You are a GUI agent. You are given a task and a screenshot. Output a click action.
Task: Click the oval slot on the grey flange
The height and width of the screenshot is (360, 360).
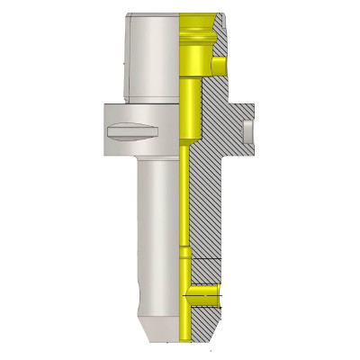point(132,131)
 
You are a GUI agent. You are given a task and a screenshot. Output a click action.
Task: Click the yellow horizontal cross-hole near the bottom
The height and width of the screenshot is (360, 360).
point(203,292)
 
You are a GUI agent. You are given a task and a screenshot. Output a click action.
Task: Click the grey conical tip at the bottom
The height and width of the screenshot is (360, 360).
point(157,328)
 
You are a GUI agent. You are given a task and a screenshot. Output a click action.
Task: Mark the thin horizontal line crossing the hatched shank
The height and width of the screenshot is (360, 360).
point(203,259)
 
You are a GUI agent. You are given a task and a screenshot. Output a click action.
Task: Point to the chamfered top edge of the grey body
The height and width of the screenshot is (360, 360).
point(153,16)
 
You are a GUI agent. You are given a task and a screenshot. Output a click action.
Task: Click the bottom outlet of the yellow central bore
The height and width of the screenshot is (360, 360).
point(184,337)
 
